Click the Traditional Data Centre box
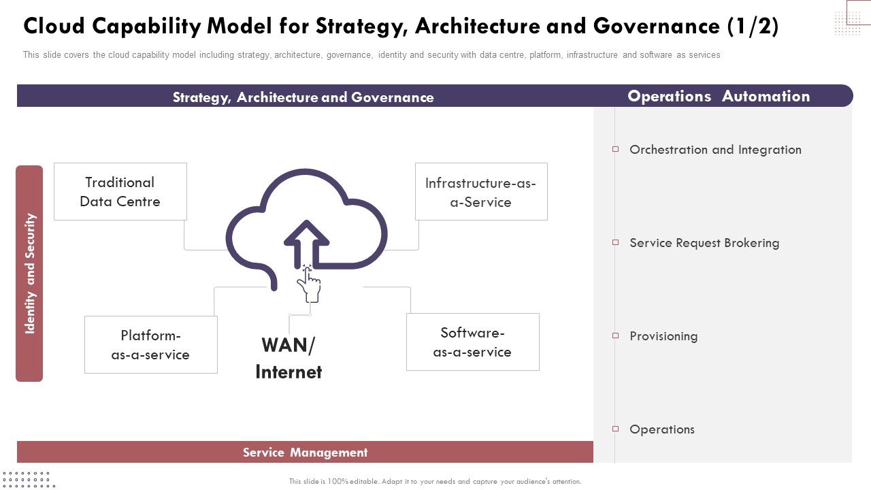(120, 191)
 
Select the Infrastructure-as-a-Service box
(480, 192)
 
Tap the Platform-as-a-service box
(150, 344)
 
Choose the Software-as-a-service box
(472, 342)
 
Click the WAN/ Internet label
(289, 358)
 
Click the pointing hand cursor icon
(310, 284)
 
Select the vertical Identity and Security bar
(29, 274)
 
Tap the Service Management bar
(305, 452)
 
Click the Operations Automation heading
(719, 96)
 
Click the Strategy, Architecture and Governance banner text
(303, 97)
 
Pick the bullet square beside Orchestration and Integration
(615, 149)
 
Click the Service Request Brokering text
(704, 243)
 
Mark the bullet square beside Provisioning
(615, 336)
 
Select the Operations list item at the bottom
(662, 429)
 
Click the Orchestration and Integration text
(715, 150)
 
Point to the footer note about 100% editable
(435, 481)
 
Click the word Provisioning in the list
(663, 336)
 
